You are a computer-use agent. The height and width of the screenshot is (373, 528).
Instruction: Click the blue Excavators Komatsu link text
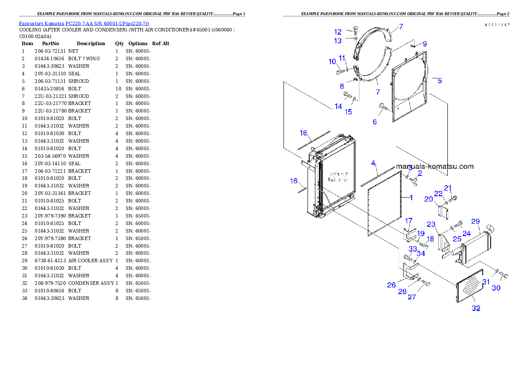pyautogui.click(x=84, y=23)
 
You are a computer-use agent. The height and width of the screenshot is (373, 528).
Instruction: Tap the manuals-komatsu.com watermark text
pyautogui.click(x=435, y=167)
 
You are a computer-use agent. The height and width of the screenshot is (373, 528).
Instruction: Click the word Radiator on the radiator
pyautogui.click(x=338, y=180)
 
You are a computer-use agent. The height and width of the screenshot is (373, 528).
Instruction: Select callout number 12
pyautogui.click(x=338, y=32)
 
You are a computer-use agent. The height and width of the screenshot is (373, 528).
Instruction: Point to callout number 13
pyautogui.click(x=338, y=41)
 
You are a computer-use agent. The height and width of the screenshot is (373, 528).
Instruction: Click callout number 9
pyautogui.click(x=425, y=44)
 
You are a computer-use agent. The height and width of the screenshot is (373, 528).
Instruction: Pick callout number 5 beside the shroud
pyautogui.click(x=439, y=81)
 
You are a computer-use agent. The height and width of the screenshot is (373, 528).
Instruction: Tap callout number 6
pyautogui.click(x=374, y=122)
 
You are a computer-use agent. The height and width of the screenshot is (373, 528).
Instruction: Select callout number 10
pyautogui.click(x=332, y=62)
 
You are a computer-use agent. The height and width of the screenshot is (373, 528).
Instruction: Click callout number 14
pyautogui.click(x=339, y=106)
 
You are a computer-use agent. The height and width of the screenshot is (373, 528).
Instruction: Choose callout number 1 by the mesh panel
pyautogui.click(x=411, y=198)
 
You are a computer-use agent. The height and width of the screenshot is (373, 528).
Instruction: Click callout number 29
pyautogui.click(x=475, y=221)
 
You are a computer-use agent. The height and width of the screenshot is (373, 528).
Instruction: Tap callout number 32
pyautogui.click(x=476, y=308)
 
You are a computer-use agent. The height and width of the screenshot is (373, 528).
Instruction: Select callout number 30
pyautogui.click(x=496, y=288)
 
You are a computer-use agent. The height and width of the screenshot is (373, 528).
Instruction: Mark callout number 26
pyautogui.click(x=391, y=285)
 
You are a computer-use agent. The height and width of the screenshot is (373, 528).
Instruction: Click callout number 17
pyautogui.click(x=409, y=221)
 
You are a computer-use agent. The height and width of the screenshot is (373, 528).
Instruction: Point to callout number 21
pyautogui.click(x=448, y=187)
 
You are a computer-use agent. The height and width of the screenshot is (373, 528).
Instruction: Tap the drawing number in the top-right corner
pyautogui.click(x=497, y=25)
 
